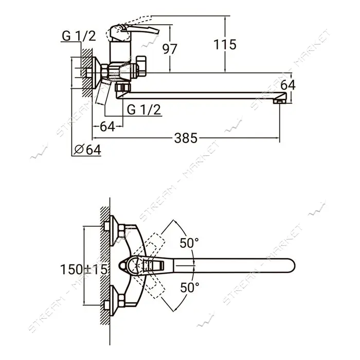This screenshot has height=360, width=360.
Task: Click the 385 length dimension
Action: point(186,138)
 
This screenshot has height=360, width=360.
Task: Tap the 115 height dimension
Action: point(225,45)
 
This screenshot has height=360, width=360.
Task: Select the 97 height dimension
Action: point(170,49)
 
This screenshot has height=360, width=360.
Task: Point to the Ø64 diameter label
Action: point(87,150)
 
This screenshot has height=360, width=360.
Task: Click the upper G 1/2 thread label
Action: point(79,36)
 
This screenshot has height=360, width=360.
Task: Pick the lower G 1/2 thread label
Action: point(143,110)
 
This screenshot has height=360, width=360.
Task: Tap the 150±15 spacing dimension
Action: point(83,269)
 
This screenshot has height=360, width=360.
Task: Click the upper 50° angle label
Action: point(189,243)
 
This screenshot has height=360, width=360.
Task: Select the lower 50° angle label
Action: point(190,287)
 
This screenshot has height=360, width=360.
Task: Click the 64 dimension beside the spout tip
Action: point(288,85)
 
